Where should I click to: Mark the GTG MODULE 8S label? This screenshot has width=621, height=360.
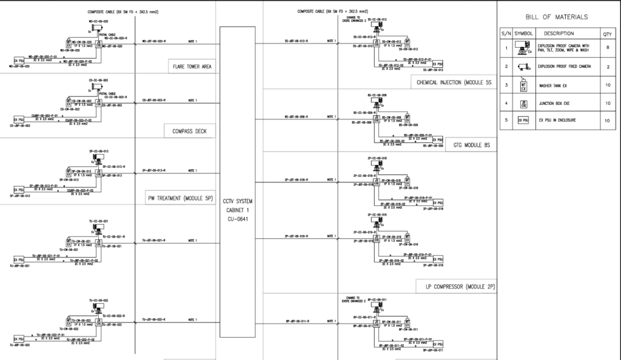[x=471, y=145]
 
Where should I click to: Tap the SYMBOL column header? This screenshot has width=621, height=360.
[x=522, y=34]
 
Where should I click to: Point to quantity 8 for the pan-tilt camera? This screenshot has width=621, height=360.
[x=606, y=47]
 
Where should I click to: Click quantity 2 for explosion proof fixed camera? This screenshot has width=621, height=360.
[x=606, y=66]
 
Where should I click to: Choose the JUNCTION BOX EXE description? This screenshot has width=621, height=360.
[x=554, y=104]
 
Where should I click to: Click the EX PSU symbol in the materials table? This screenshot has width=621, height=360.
[x=522, y=121]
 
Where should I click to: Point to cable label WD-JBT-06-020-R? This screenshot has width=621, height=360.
[x=154, y=42]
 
